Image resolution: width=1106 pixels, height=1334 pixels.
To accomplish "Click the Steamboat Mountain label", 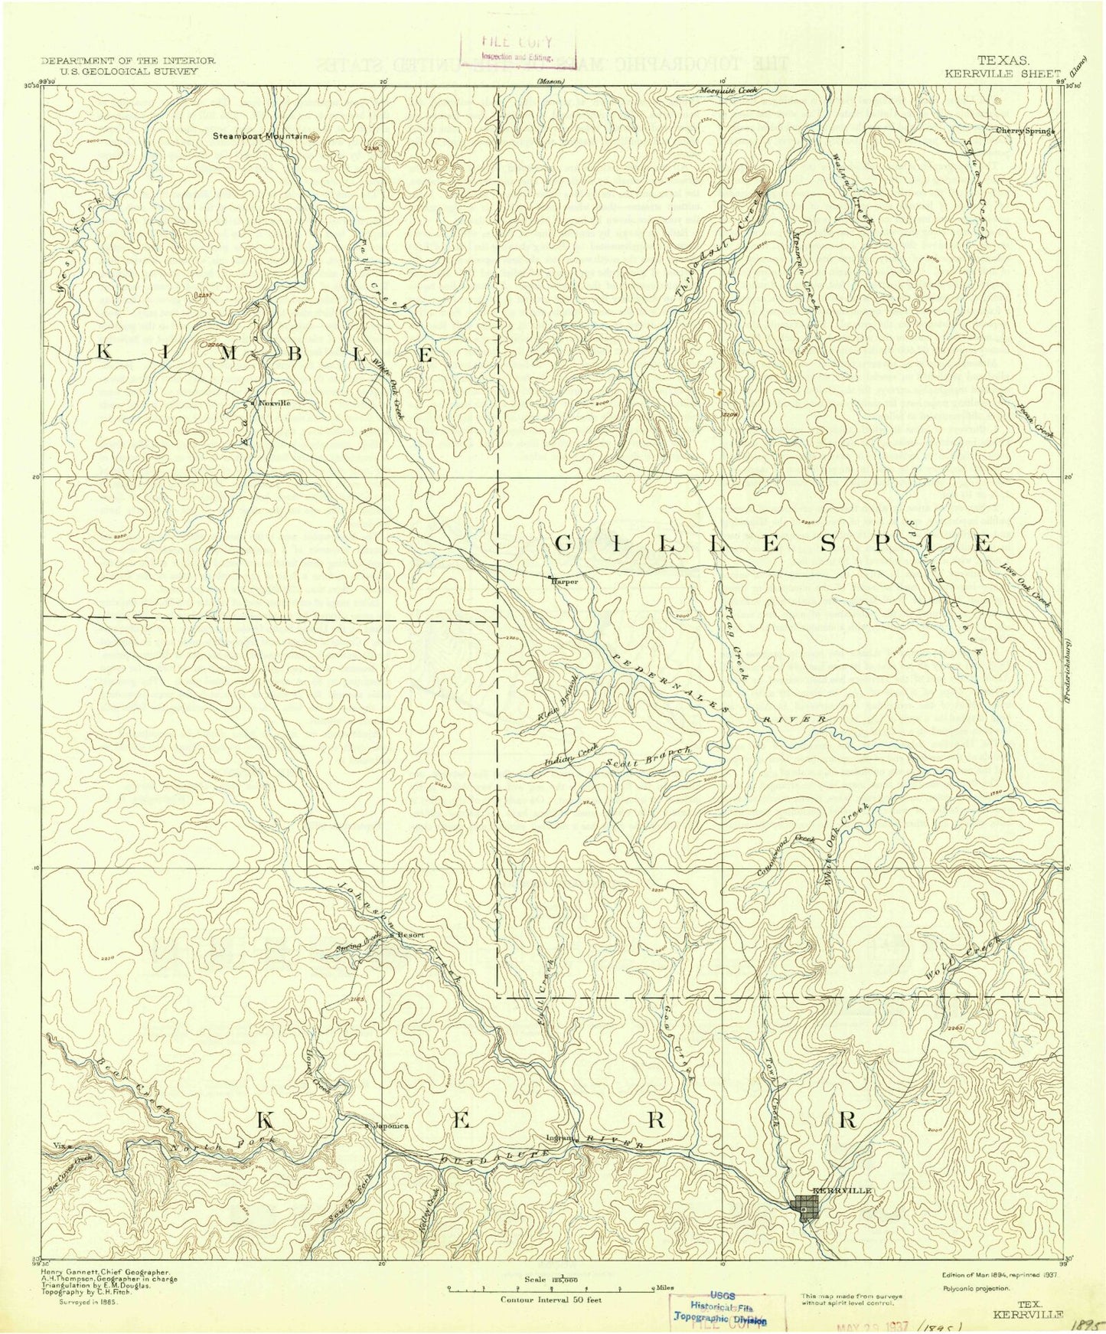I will [x=260, y=136].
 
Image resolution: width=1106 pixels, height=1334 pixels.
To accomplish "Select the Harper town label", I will [x=563, y=581].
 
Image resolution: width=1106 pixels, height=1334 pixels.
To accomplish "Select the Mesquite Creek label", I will [x=728, y=91].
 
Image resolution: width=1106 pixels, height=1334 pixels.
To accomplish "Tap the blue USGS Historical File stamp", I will [x=719, y=1310].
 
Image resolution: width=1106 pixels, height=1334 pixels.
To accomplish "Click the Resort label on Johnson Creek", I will [x=409, y=935].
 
